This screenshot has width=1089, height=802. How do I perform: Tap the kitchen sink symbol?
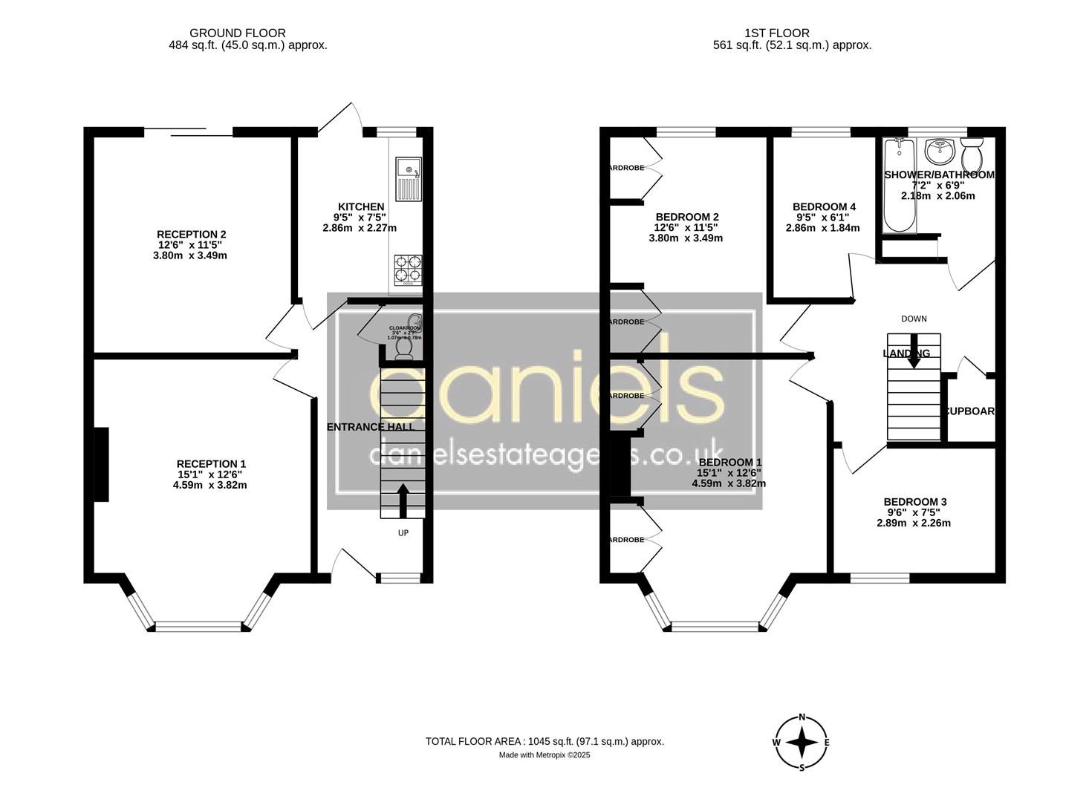408,179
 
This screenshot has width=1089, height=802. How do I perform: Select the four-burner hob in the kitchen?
408,270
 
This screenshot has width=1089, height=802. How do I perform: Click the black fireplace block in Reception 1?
101,464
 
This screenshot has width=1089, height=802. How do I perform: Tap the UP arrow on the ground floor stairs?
403,501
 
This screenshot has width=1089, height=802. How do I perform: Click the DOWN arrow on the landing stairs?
914,358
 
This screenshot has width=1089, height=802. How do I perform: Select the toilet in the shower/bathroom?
972,155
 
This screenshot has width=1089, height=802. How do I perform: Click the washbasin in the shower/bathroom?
940,151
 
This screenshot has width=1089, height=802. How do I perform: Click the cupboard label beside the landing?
969,411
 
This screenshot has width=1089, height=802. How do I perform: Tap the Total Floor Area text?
544,741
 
